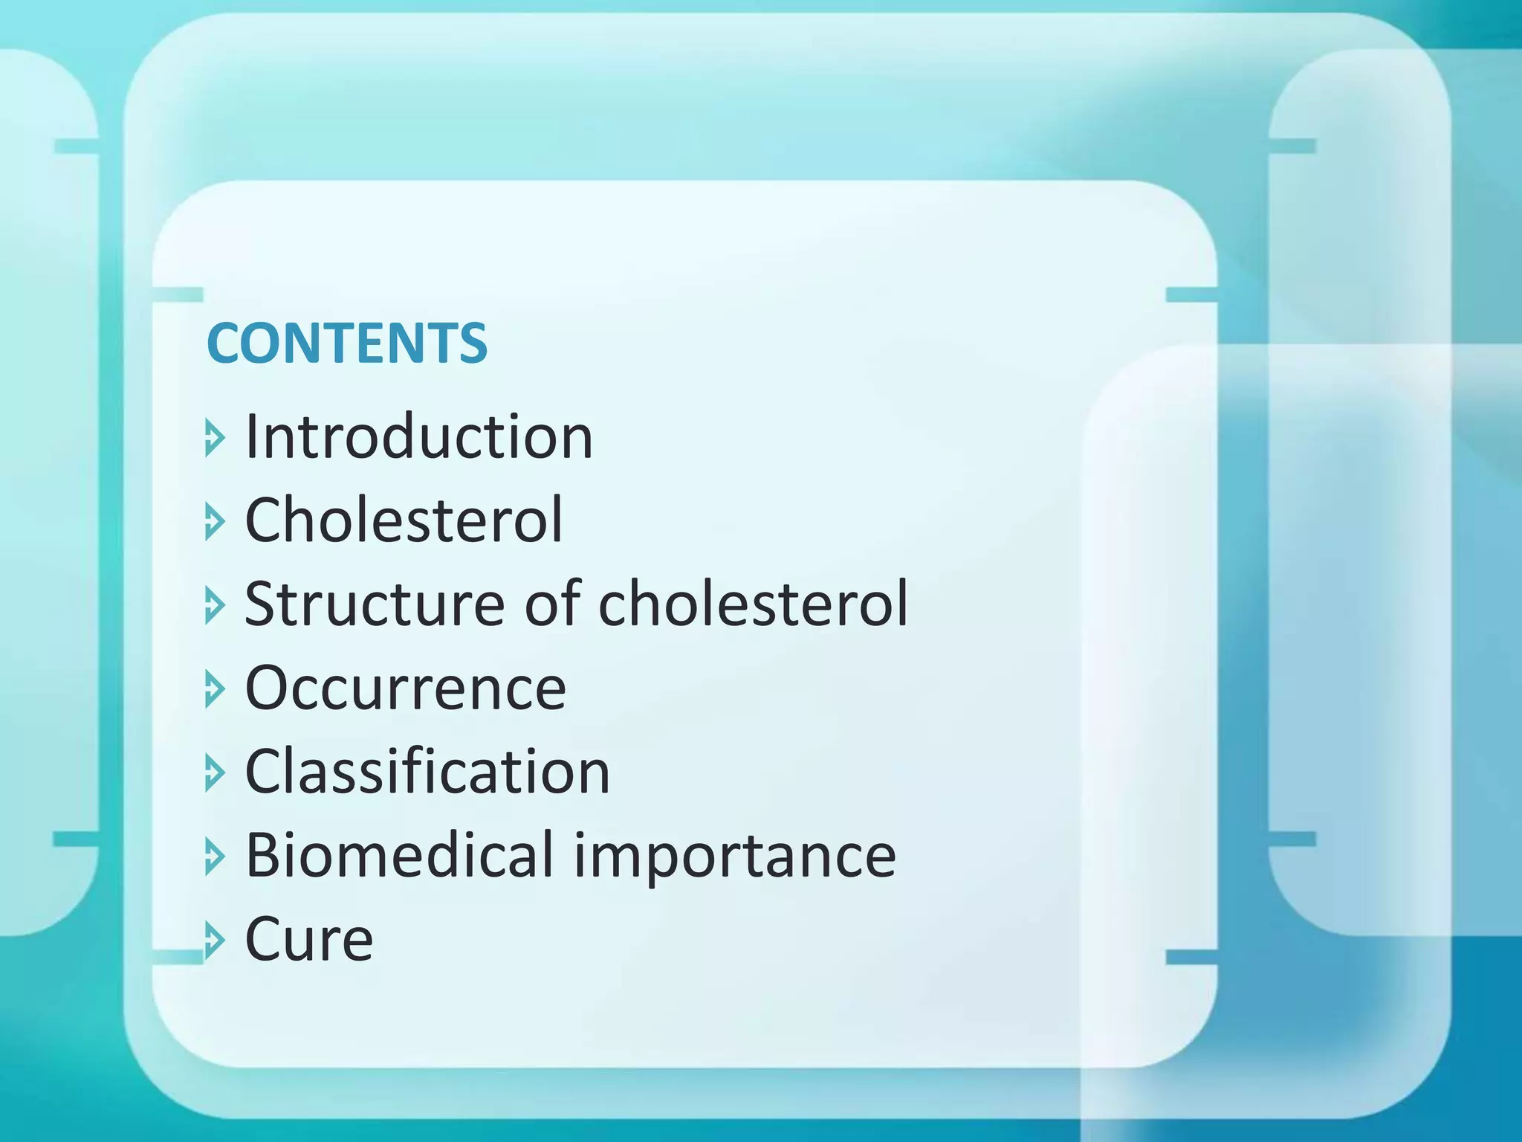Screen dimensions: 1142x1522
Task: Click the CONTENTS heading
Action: tap(346, 343)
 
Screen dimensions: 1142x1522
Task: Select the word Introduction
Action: tap(418, 437)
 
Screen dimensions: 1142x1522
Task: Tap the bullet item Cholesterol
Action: tap(404, 520)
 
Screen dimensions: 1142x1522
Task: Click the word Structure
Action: tap(375, 604)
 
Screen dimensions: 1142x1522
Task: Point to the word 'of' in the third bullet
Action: tap(551, 604)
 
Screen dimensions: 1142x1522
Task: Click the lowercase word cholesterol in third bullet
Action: tap(753, 604)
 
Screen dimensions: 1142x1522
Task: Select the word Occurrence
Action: tap(405, 688)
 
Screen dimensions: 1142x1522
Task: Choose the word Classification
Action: tap(427, 772)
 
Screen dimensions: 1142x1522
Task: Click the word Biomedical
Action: tap(400, 856)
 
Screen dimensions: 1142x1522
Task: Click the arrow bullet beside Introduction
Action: tap(214, 438)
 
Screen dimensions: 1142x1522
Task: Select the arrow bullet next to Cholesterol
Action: tap(214, 522)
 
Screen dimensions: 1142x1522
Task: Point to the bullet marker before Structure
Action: tap(214, 605)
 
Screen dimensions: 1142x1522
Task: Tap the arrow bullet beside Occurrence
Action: tap(214, 689)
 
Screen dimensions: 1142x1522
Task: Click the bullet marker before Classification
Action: tap(214, 773)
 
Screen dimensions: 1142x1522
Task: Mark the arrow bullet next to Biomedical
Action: tap(214, 857)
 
